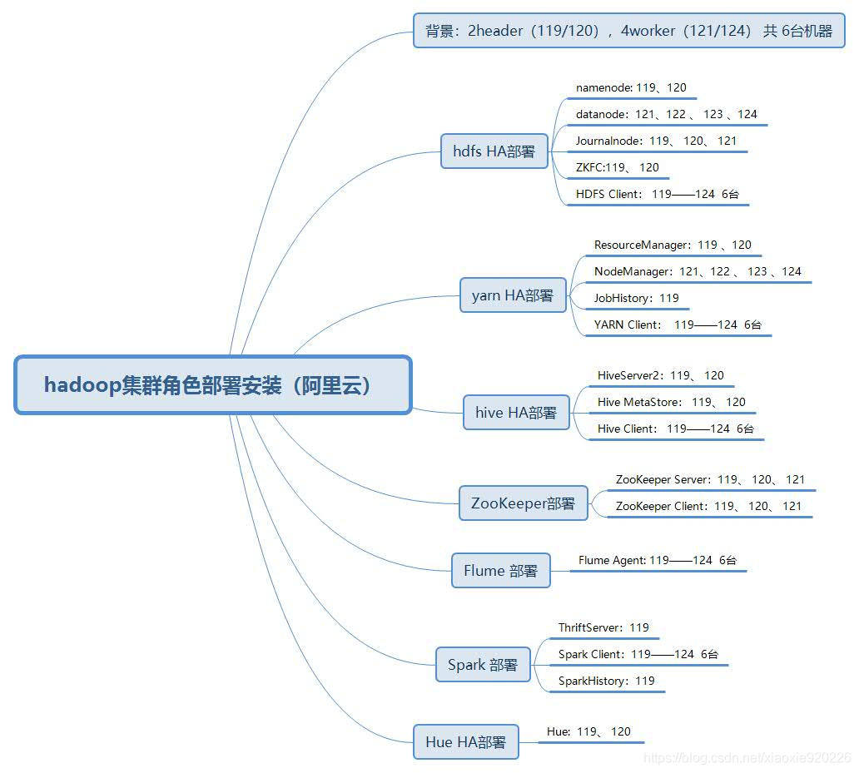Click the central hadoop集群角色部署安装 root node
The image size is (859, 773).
coord(213,385)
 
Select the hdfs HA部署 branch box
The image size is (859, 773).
coord(494,151)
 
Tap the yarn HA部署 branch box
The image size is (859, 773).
coord(513,295)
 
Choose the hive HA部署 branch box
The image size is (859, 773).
coord(516,413)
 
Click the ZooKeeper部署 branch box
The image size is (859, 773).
coord(523,503)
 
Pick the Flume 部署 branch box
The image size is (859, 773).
coord(500,571)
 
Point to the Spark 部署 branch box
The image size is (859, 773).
coord(483,665)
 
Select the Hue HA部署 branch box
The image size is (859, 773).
coord(465,742)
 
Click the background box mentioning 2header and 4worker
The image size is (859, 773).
coord(628,31)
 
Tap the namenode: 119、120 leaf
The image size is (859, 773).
coord(631,87)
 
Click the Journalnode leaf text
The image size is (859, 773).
coord(656,141)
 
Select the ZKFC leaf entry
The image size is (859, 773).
coord(617,167)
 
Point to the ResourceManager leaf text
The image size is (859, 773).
coord(673,245)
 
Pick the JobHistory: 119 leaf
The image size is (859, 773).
coord(636,298)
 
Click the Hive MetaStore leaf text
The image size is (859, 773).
coord(671,402)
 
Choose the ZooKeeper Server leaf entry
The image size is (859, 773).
coord(710,479)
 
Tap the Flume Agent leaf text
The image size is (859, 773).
coord(658,560)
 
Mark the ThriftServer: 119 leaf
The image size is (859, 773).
coord(603,627)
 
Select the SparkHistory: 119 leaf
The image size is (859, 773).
coord(606,681)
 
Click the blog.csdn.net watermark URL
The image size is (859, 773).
coord(747,758)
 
